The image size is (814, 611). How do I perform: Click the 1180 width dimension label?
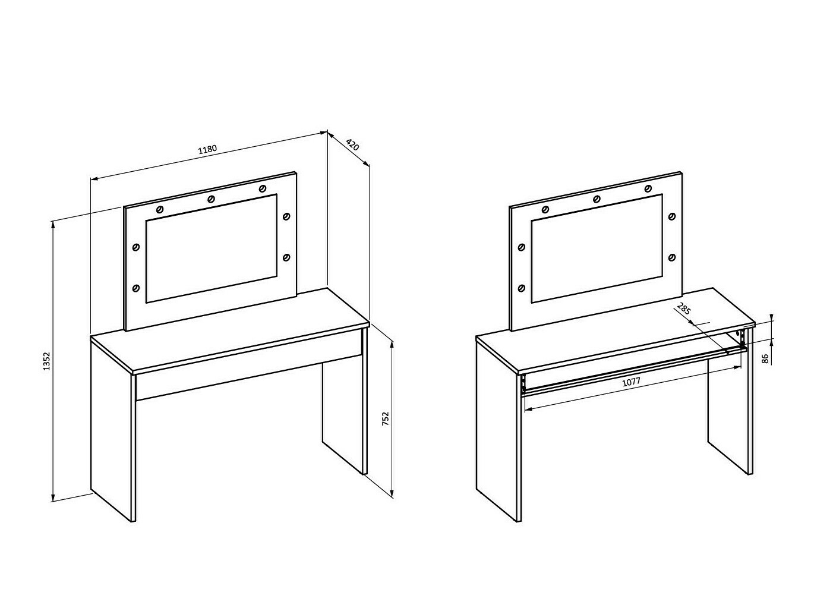(x=207, y=150)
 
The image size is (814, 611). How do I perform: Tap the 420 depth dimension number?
(x=352, y=144)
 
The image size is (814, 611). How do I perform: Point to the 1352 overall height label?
(x=46, y=361)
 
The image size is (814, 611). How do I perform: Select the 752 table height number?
(x=386, y=418)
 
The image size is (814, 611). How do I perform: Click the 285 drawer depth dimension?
(x=684, y=309)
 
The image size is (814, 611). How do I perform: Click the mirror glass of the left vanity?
(x=212, y=248)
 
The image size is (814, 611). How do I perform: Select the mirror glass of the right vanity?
(x=597, y=248)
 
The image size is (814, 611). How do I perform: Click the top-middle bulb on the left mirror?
(x=211, y=199)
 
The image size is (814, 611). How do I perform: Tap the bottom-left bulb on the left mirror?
(x=136, y=288)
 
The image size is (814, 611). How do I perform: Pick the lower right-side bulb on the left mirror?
(x=286, y=257)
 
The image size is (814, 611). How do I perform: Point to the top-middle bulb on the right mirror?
(x=597, y=199)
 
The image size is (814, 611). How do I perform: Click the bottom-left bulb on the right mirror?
(x=522, y=288)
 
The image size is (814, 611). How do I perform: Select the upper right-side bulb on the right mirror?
(x=671, y=216)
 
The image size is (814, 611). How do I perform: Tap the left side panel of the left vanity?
(x=111, y=430)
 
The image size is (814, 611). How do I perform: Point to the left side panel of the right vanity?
(x=497, y=430)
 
